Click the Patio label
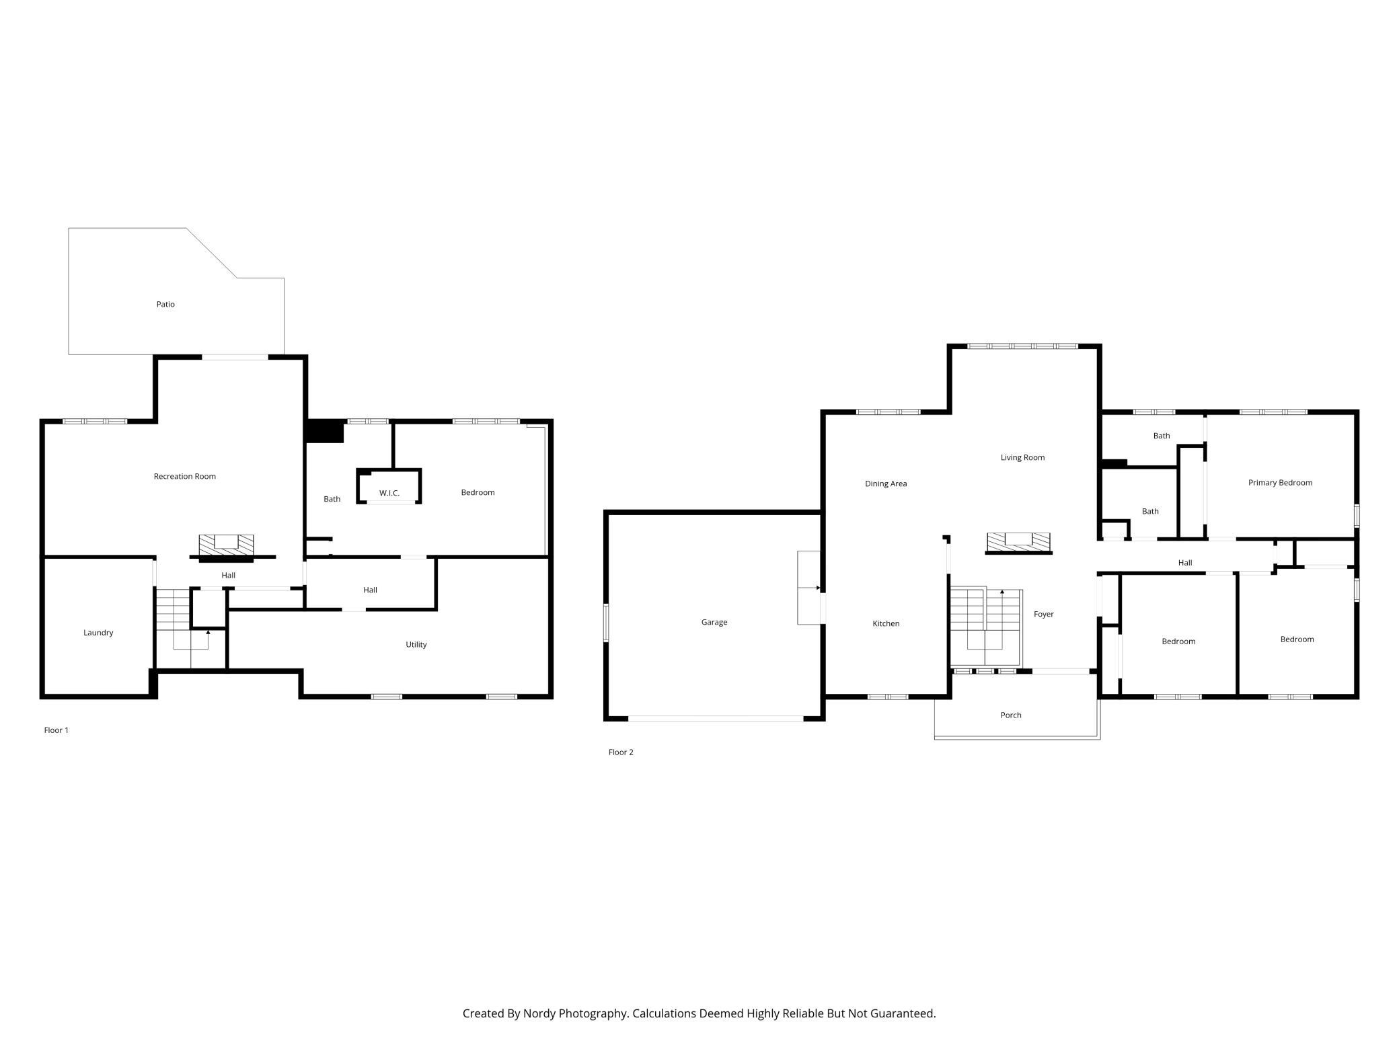pyautogui.click(x=165, y=305)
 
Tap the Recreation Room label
pyautogui.click(x=185, y=476)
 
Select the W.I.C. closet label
pyautogui.click(x=389, y=493)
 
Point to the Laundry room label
pyautogui.click(x=98, y=633)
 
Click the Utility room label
pyautogui.click(x=416, y=644)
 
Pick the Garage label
pyautogui.click(x=714, y=622)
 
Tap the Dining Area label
pyautogui.click(x=886, y=483)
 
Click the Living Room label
pyautogui.click(x=1022, y=458)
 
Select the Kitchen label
pyautogui.click(x=886, y=623)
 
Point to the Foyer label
pyautogui.click(x=1044, y=614)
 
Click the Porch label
pyautogui.click(x=1011, y=715)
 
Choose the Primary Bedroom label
pyautogui.click(x=1280, y=483)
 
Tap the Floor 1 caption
pyautogui.click(x=56, y=730)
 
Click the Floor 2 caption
pyautogui.click(x=621, y=752)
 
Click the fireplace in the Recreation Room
pyautogui.click(x=227, y=547)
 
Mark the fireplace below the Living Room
pyautogui.click(x=1018, y=543)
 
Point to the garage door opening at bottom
pyautogui.click(x=716, y=719)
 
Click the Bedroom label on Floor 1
pyautogui.click(x=478, y=493)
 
